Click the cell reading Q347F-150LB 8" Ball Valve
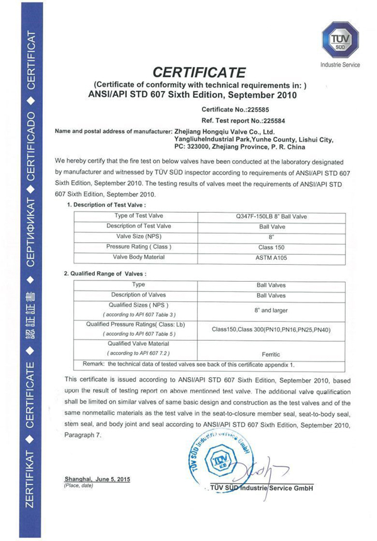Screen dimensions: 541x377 click(x=271, y=217)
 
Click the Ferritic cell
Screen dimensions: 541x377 click(x=271, y=354)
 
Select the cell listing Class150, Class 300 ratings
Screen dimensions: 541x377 click(x=271, y=329)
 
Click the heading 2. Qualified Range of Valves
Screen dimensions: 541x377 click(x=105, y=274)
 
